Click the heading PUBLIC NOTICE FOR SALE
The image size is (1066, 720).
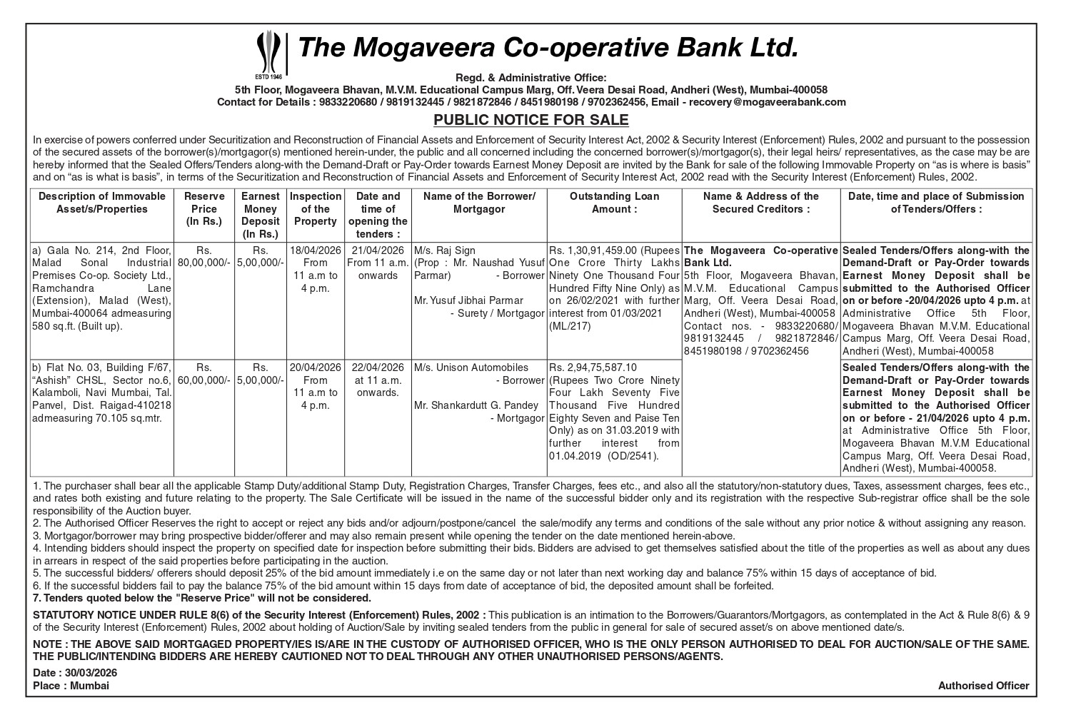(531, 120)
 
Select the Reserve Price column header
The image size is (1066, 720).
(204, 208)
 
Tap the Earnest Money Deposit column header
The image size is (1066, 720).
(260, 215)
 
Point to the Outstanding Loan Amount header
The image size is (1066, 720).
(614, 202)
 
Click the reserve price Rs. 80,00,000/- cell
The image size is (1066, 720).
(204, 256)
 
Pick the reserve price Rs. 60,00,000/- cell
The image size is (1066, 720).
(204, 373)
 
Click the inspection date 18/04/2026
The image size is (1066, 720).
(315, 250)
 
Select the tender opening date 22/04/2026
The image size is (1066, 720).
(378, 367)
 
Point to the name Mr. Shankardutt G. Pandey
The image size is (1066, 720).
(476, 405)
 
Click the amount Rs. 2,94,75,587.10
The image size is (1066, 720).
(592, 367)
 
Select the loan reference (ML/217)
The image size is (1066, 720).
(570, 326)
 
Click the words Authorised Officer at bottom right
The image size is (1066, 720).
(983, 686)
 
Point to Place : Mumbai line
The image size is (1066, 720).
(71, 686)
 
